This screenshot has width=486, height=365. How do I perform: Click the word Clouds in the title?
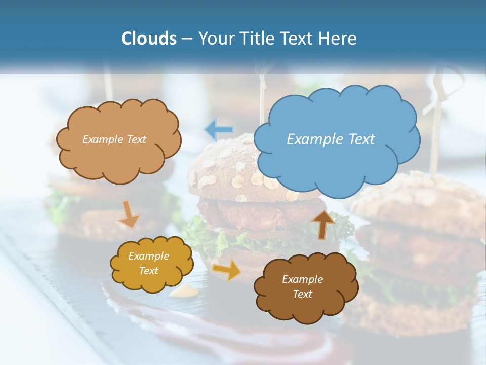[x=149, y=39]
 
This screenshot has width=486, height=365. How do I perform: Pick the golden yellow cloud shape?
[x=151, y=264]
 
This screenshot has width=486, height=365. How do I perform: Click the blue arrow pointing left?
[x=219, y=130]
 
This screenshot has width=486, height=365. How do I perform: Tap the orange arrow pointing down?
[x=129, y=214]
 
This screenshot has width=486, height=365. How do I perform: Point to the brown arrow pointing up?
[x=322, y=224]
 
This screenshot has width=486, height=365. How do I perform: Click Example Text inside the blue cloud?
[x=331, y=139]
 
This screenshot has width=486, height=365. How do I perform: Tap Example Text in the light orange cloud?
[x=114, y=139]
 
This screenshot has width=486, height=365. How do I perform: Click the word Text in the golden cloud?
[x=148, y=271]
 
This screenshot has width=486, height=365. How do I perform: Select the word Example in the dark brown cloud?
[x=302, y=279]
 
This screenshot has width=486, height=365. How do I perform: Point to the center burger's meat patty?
[x=253, y=213]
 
